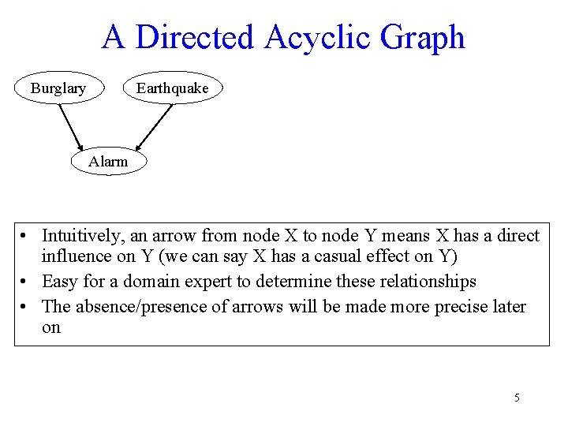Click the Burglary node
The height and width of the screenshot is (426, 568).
(x=58, y=88)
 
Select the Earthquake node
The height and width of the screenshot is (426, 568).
(x=172, y=88)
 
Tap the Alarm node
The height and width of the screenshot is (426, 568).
(x=107, y=162)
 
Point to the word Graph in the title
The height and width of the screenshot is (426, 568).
(x=423, y=37)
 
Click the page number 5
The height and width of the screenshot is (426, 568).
(x=517, y=398)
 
